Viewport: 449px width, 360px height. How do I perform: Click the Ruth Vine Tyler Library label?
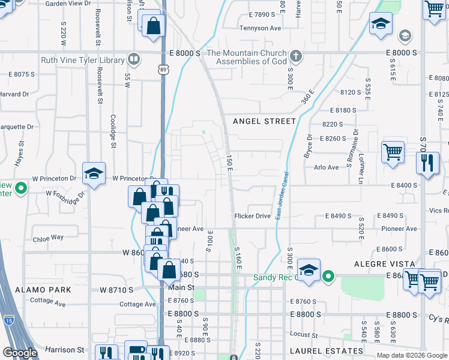point(83,60)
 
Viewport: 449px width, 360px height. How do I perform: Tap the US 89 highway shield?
point(164,70)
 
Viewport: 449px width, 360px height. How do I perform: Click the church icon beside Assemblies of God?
point(295,56)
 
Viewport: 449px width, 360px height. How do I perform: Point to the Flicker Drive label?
point(252,216)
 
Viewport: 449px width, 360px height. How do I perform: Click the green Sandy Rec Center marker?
point(328,277)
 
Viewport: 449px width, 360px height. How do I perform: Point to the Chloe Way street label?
point(48,238)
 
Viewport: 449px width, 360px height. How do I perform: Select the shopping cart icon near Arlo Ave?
point(393,151)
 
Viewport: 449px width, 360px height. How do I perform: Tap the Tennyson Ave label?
point(260,28)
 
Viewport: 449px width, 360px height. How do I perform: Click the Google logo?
point(20,353)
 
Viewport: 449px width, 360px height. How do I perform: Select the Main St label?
point(182,287)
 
